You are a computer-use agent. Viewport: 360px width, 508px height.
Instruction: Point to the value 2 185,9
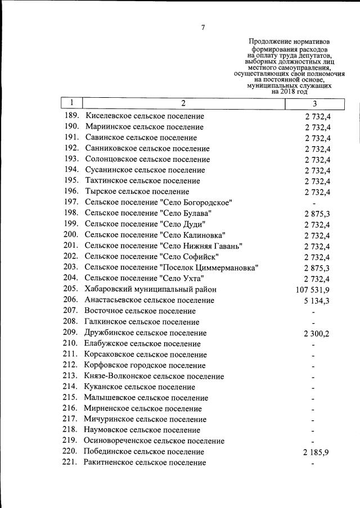317,452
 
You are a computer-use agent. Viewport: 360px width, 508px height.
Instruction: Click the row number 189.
71,116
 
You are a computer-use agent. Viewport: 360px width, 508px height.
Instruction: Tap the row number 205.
71,289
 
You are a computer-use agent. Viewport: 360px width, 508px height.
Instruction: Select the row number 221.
71,462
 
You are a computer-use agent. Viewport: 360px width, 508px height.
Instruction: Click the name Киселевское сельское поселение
144,116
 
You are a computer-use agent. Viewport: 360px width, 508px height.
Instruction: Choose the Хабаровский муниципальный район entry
150,289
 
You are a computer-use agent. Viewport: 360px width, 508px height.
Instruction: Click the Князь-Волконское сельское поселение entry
154,376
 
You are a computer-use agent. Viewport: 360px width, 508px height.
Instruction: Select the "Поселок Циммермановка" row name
209,267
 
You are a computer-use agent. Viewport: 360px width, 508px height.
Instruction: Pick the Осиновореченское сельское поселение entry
154,441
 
